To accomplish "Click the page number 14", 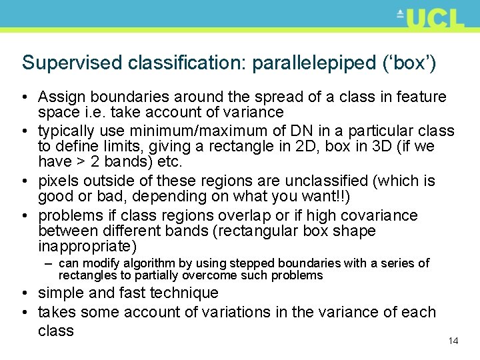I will tap(453, 341).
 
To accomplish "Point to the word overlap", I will tap(251, 216).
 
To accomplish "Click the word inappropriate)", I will tap(87, 246).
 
